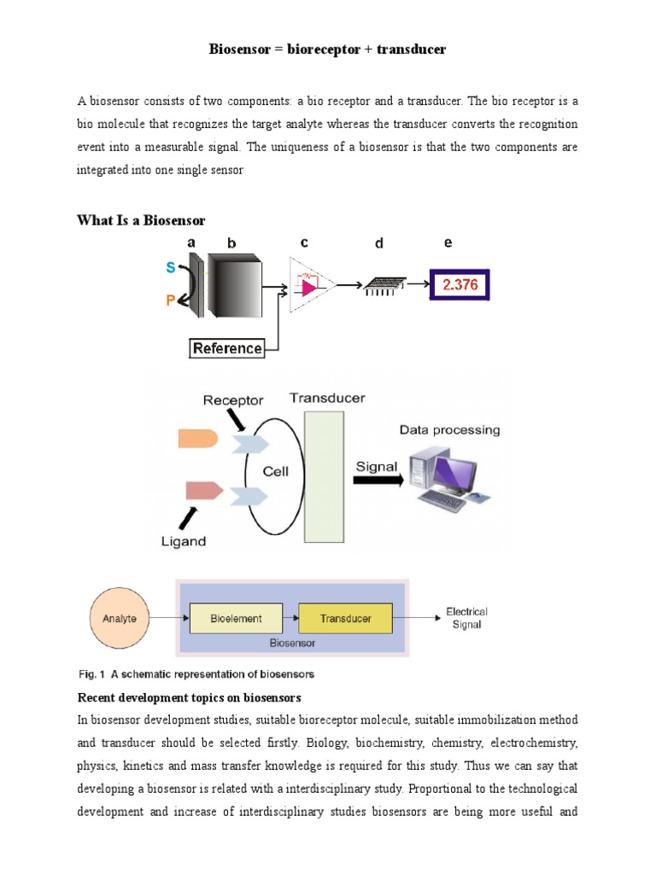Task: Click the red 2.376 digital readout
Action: tap(461, 284)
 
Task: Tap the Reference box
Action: tap(227, 347)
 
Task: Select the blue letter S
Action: tap(171, 267)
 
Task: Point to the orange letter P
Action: tap(171, 300)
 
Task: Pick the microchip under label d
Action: tap(381, 285)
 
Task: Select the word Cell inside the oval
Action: tap(275, 471)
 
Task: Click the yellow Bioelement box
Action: tap(236, 618)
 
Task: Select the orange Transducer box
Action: tap(345, 618)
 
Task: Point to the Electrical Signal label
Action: tap(467, 618)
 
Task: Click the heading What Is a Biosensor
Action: tap(141, 221)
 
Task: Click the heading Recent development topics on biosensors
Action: tap(188, 697)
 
